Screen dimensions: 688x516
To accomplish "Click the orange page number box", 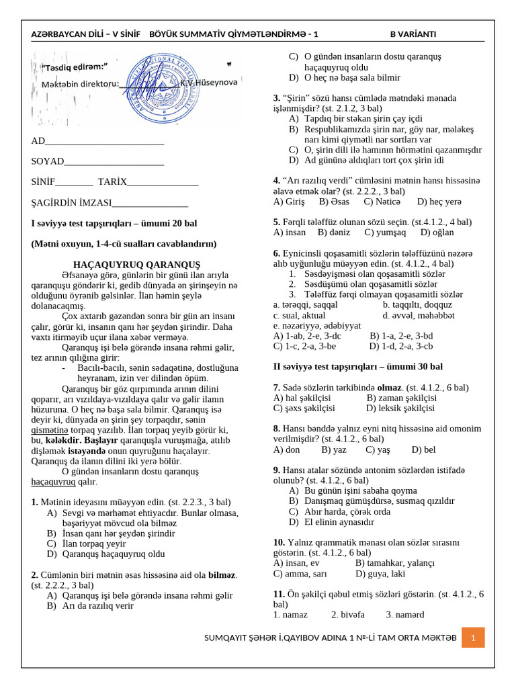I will click(x=473, y=637).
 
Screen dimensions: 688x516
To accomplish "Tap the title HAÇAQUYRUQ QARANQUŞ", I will click(x=136, y=263).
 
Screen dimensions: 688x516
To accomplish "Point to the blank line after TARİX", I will click(x=163, y=182).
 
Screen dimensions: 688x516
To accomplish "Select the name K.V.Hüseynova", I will click(x=209, y=82).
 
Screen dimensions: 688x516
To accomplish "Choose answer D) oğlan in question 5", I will click(x=437, y=232).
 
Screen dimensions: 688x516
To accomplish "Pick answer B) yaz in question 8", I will click(x=334, y=449).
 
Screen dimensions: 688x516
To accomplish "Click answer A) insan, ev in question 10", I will click(x=296, y=563).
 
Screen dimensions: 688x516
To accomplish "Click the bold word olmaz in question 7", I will click(x=390, y=388).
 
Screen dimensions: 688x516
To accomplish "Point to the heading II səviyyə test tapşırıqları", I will click(x=357, y=367).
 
